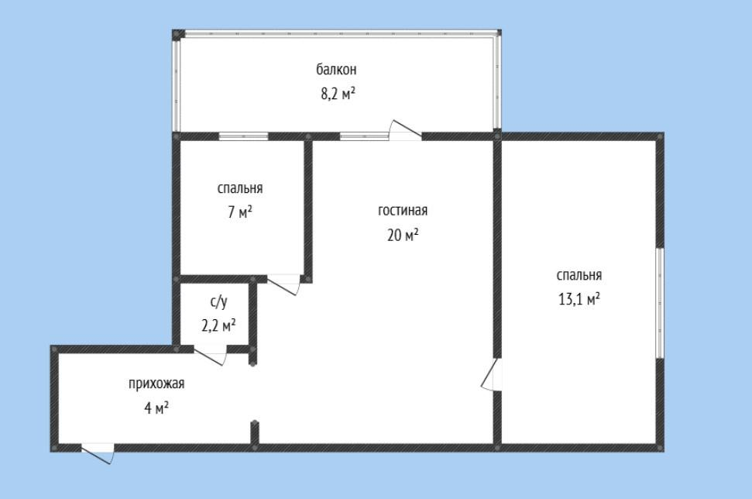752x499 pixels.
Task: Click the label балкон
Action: tap(336, 70)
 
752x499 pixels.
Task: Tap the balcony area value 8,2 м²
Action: tap(338, 93)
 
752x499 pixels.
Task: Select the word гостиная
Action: tap(403, 211)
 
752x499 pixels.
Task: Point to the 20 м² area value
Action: tap(403, 235)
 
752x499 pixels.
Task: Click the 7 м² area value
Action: tap(240, 212)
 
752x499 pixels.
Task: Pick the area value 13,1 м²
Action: tap(579, 299)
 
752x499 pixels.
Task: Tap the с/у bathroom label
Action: tap(218, 301)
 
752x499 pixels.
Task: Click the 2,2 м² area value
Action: tap(218, 325)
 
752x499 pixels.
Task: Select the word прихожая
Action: tap(156, 384)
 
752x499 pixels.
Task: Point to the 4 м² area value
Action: tap(156, 408)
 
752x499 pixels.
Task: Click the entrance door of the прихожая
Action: tap(98, 453)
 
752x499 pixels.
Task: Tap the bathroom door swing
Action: tap(210, 355)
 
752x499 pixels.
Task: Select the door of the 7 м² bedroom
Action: tap(284, 284)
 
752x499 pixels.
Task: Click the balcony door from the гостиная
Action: tap(406, 130)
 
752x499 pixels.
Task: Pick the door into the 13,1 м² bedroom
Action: tap(491, 375)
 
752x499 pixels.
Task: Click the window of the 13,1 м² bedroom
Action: tap(660, 303)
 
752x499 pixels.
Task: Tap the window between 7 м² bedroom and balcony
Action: tap(244, 136)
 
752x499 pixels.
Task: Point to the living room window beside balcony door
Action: tap(365, 136)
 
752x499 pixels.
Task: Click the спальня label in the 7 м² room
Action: tap(240, 188)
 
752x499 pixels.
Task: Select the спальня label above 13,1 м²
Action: tap(579, 275)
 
